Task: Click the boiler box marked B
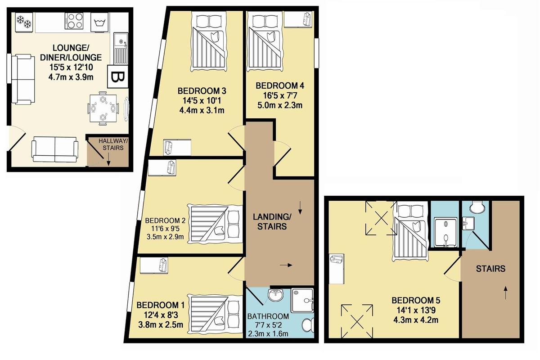pos(117,76)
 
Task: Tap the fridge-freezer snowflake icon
pos(24,22)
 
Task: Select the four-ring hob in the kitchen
pos(74,21)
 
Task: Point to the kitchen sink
pos(121,48)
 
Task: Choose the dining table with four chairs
pos(103,108)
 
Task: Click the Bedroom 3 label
pos(202,91)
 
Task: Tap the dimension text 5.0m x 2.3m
pos(280,105)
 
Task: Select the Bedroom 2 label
pos(165,220)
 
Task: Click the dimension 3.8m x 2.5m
pos(161,324)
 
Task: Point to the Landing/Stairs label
pos(272,221)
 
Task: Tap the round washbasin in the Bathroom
pos(276,295)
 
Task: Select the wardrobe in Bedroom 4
pos(298,19)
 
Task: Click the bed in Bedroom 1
pos(215,314)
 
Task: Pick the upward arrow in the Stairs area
pos(505,292)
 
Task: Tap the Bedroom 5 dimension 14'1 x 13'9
pos(416,310)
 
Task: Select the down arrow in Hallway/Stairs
pos(108,160)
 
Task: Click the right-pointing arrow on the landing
pos(286,265)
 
